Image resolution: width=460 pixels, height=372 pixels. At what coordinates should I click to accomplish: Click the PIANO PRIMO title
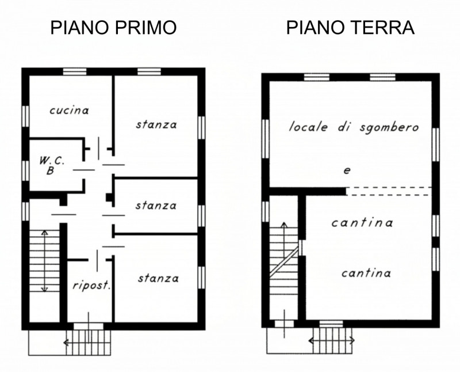tap(113, 27)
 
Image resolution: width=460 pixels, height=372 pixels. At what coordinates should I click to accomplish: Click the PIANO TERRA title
tap(350, 27)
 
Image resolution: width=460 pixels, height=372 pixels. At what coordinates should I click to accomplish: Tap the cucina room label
tap(69, 111)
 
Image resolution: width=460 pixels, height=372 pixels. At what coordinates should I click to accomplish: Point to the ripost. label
tap(92, 286)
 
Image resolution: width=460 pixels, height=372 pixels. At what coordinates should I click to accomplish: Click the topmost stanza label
tap(156, 124)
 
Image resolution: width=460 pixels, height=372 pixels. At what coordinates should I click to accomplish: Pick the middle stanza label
tap(156, 206)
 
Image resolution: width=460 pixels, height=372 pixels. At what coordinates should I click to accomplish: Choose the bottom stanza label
tap(158, 278)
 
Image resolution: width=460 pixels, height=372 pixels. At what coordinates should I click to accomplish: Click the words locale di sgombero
tap(354, 127)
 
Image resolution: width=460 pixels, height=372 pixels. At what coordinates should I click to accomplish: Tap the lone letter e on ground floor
tap(347, 170)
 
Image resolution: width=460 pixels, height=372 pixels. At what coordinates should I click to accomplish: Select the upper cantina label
tap(362, 223)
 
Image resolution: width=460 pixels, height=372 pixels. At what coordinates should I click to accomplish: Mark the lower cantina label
tap(366, 274)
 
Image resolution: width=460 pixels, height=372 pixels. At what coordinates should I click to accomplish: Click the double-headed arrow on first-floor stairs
tap(44, 261)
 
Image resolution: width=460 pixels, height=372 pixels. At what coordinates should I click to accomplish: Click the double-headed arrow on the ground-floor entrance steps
tap(332, 340)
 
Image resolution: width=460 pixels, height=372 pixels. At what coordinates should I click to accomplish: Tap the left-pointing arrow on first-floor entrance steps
tap(76, 342)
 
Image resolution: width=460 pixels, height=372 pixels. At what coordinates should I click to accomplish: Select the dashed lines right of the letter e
tap(389, 191)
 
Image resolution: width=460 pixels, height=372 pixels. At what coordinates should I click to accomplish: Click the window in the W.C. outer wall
tap(25, 170)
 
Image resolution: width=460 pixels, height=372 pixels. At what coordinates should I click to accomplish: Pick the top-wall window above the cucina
tap(75, 72)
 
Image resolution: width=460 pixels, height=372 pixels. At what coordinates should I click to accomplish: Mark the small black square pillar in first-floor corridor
tap(109, 197)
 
